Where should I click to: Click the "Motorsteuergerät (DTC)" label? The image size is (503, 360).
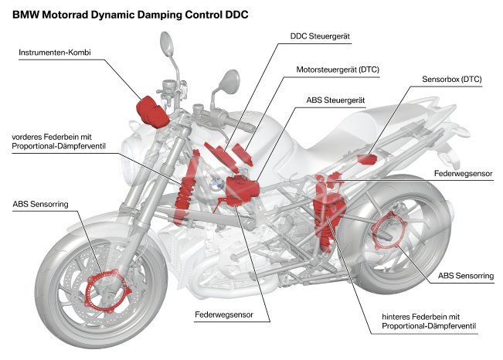[x=344, y=69]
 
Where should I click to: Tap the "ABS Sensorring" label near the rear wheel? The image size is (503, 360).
[x=460, y=275]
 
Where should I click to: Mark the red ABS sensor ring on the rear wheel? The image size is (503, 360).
[x=386, y=233]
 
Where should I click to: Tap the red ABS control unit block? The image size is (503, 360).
[x=240, y=190]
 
